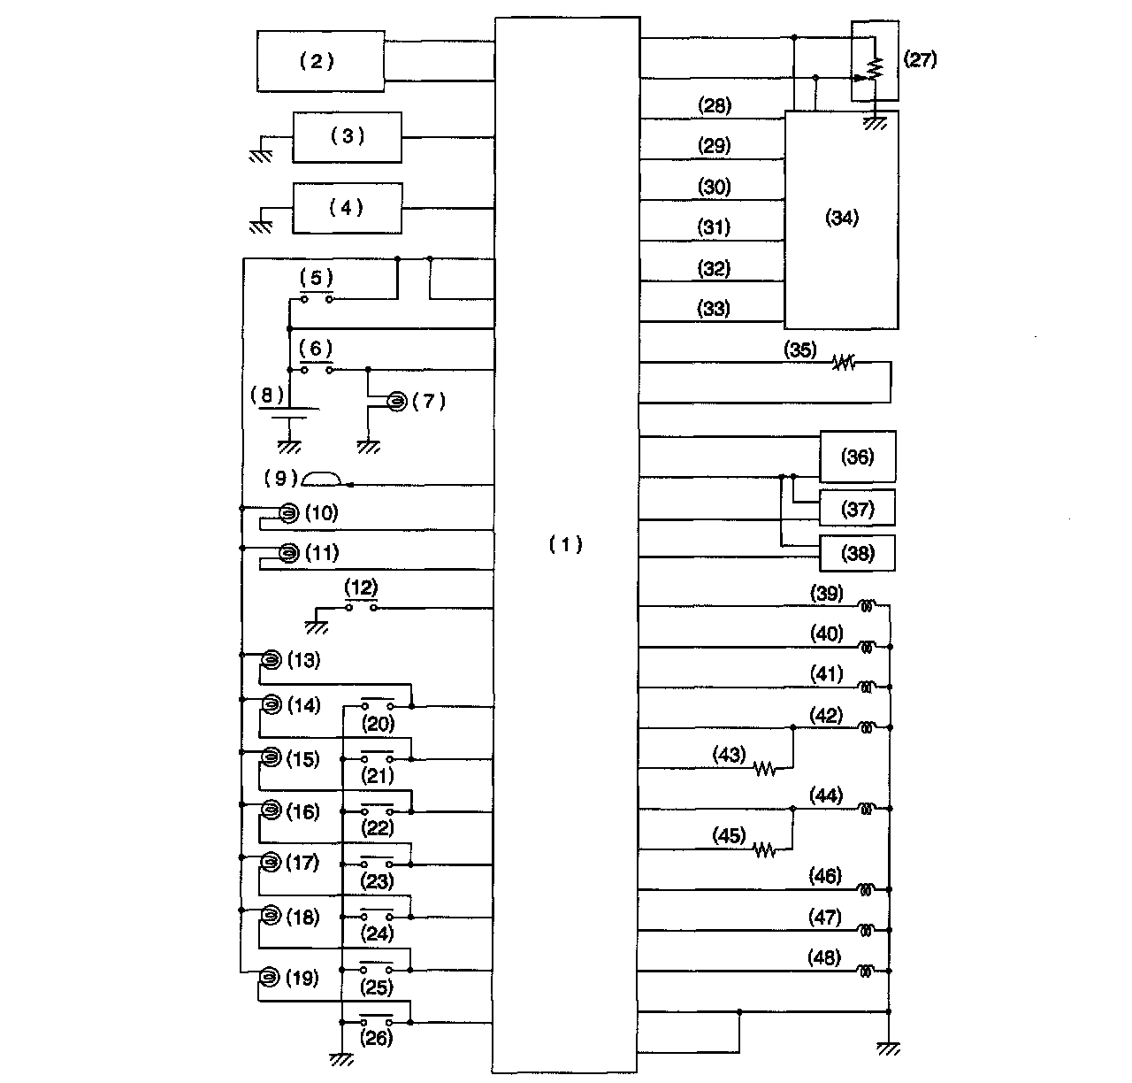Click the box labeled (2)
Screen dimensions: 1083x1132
click(x=320, y=61)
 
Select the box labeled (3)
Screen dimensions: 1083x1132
click(x=347, y=136)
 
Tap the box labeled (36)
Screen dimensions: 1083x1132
click(x=857, y=457)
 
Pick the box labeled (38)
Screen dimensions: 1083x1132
click(x=857, y=553)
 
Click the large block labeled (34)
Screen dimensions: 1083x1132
click(x=841, y=219)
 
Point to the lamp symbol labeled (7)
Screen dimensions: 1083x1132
click(x=397, y=402)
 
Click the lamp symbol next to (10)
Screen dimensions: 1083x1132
click(x=287, y=512)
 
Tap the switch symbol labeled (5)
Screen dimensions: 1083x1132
click(x=316, y=298)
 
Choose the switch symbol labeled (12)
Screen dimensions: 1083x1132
click(x=361, y=607)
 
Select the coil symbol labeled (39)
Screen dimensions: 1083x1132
click(x=868, y=606)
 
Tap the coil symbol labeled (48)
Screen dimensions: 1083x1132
click(x=868, y=971)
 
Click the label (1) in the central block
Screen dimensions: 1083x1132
click(x=565, y=544)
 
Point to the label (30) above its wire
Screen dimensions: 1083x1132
click(x=714, y=187)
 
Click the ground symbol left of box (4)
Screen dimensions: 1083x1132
click(x=260, y=225)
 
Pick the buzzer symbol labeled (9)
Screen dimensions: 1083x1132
click(x=321, y=479)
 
